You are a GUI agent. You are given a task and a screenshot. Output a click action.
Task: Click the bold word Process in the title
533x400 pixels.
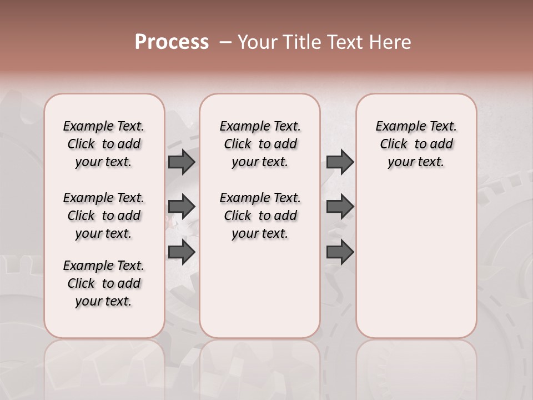(172, 42)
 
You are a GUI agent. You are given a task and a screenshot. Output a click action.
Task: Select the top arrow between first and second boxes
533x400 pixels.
(182, 162)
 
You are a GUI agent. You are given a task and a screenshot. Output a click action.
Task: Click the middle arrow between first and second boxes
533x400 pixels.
(182, 207)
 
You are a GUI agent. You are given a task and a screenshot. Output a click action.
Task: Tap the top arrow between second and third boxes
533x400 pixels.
(340, 162)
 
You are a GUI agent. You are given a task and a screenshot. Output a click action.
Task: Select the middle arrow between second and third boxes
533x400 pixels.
(340, 207)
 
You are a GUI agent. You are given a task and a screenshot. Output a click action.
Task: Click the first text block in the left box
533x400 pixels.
(104, 144)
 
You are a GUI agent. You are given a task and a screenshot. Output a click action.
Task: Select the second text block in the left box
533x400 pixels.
(104, 216)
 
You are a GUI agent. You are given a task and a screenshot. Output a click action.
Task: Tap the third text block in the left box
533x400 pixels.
(104, 283)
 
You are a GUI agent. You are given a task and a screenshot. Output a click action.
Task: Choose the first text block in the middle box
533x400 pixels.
(260, 144)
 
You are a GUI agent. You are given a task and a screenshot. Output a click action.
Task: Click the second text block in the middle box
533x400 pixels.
(260, 216)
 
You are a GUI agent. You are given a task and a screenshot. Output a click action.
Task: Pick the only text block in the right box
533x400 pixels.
(416, 144)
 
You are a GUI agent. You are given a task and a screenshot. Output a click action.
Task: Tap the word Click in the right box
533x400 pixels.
(394, 144)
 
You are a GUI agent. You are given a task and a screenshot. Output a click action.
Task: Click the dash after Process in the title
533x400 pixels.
(225, 42)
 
